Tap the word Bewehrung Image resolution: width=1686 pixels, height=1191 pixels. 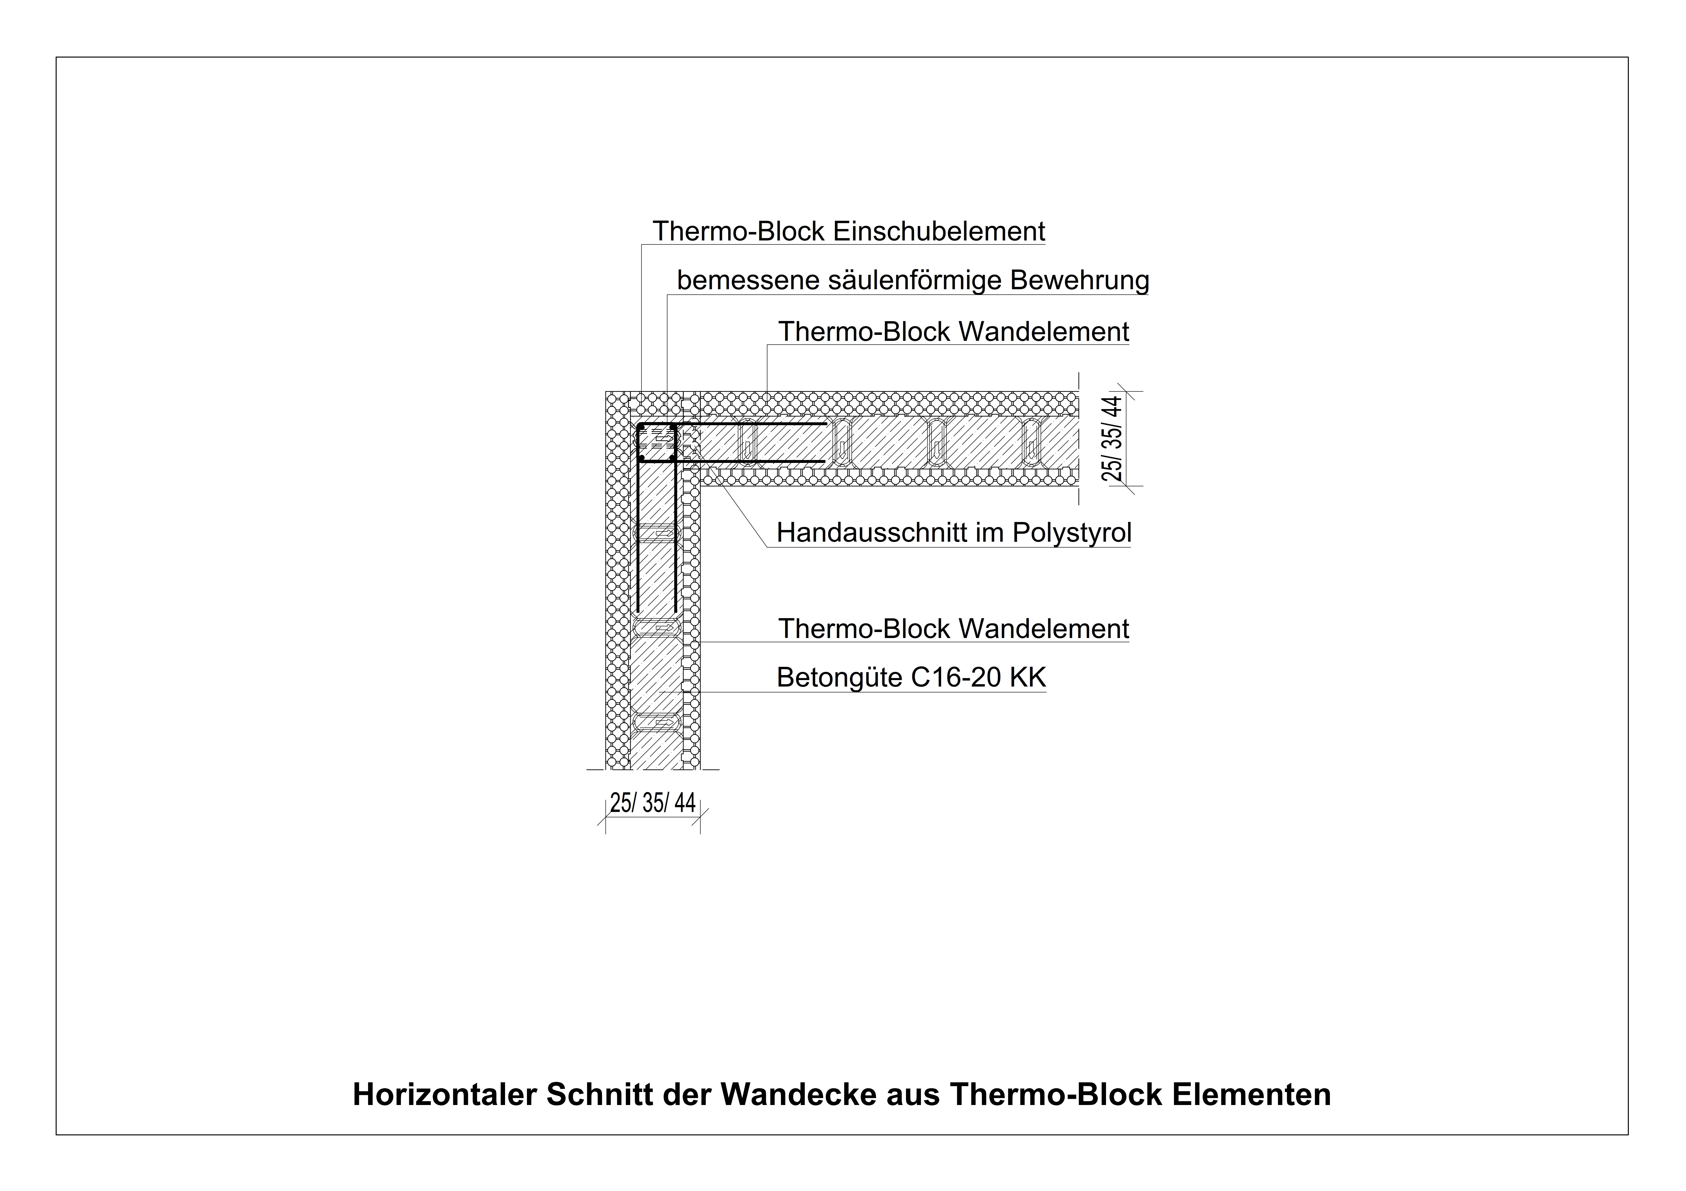1080,281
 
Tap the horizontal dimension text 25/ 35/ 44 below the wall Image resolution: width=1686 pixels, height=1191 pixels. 652,803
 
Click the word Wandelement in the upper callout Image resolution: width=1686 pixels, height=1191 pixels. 1044,333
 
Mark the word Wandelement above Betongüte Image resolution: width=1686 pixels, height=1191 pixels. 1044,629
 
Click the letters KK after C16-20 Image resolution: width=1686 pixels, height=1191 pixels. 1028,678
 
